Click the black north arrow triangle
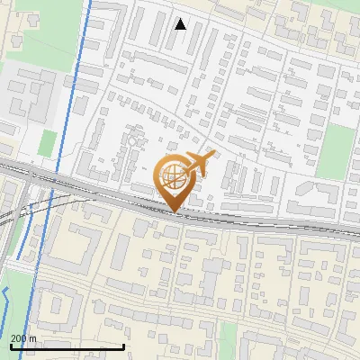(x=181, y=24)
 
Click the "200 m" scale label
(x=22, y=338)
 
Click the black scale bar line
(x=67, y=346)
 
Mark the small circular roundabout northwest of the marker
(x=132, y=141)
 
